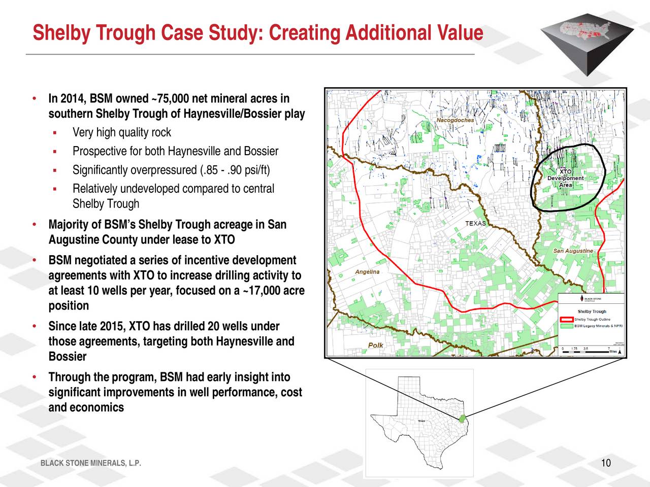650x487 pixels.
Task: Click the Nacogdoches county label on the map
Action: pyautogui.click(x=455, y=120)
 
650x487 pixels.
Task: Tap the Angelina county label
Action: pyautogui.click(x=367, y=272)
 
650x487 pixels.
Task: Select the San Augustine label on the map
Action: pyautogui.click(x=573, y=251)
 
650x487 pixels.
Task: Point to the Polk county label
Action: pyautogui.click(x=375, y=345)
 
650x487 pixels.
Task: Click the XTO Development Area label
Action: pyautogui.click(x=565, y=178)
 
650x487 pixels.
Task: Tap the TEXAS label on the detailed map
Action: pyautogui.click(x=475, y=224)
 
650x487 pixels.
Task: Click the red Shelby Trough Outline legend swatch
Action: pyautogui.click(x=566, y=320)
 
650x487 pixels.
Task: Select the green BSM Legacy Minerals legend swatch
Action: pyautogui.click(x=566, y=326)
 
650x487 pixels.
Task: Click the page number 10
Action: pyautogui.click(x=605, y=463)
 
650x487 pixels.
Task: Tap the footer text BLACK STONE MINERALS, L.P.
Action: pyautogui.click(x=90, y=463)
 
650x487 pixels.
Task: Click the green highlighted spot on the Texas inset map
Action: pyautogui.click(x=463, y=419)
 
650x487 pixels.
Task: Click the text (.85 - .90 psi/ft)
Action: pyautogui.click(x=235, y=170)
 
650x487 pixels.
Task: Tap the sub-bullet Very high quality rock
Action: pyautogui.click(x=121, y=133)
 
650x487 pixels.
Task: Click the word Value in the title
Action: pyautogui.click(x=456, y=33)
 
